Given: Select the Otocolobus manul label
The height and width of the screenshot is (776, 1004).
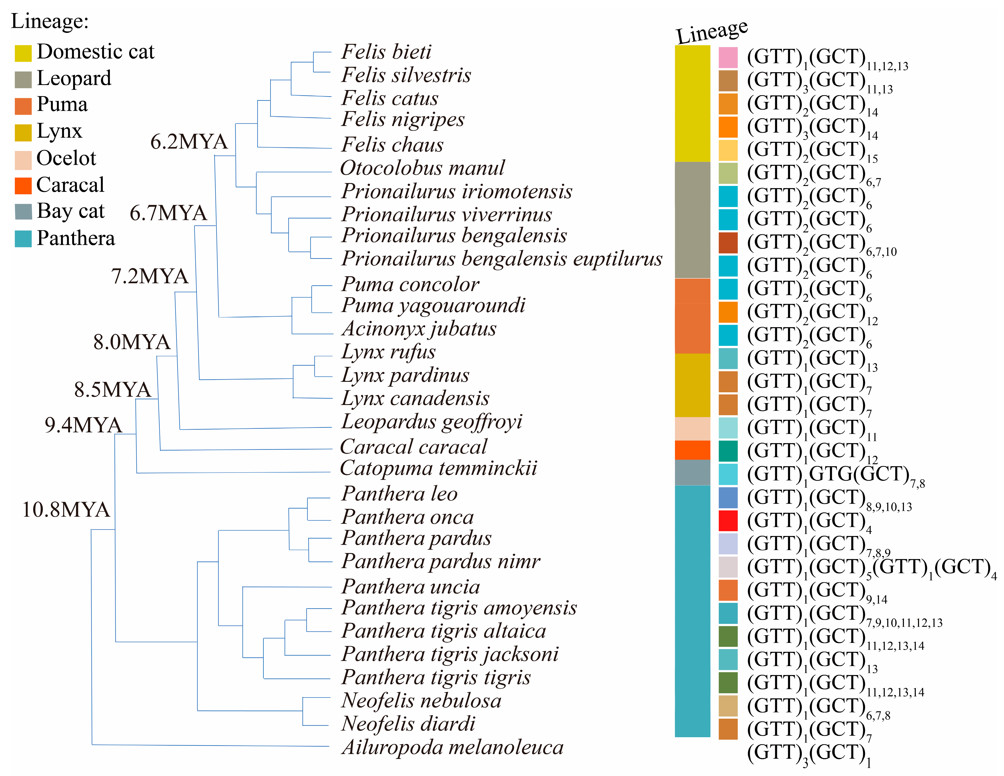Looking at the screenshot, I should [422, 168].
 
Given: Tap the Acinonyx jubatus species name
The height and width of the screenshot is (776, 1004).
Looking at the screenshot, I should [419, 329].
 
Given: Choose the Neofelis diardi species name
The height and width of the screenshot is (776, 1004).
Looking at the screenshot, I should [408, 724].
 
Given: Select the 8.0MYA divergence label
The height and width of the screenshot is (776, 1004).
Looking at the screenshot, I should [132, 342].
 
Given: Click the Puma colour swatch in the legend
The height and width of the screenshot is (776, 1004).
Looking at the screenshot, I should [23, 106].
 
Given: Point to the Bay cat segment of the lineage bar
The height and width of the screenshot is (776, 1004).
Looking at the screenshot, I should [692, 472].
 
